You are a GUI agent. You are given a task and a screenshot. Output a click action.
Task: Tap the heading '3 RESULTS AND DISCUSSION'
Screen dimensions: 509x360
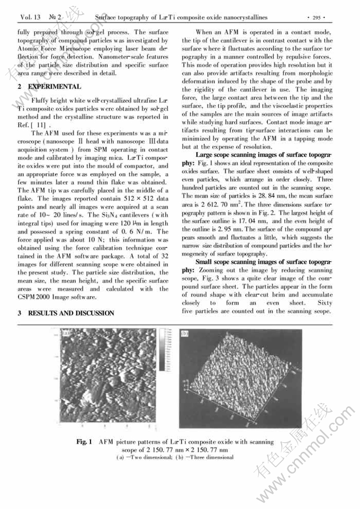click(66, 313)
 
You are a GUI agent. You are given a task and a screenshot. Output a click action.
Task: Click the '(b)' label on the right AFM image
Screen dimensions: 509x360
click(185, 334)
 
